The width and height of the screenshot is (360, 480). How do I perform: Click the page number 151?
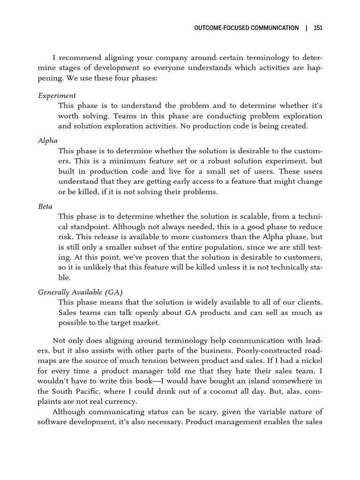coord(318,28)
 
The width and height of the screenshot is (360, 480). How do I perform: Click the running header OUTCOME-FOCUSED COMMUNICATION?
coord(246,28)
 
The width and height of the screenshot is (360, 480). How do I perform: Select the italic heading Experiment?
coord(57,96)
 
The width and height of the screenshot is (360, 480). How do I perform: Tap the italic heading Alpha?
coord(48,140)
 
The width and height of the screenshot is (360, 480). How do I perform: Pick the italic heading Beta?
coord(45,206)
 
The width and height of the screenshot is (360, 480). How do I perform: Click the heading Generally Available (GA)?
coord(80,292)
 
